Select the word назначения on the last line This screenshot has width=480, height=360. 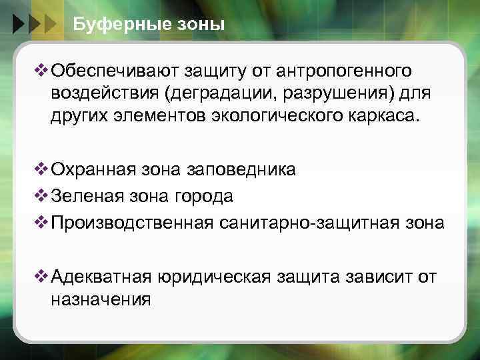point(101,299)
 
